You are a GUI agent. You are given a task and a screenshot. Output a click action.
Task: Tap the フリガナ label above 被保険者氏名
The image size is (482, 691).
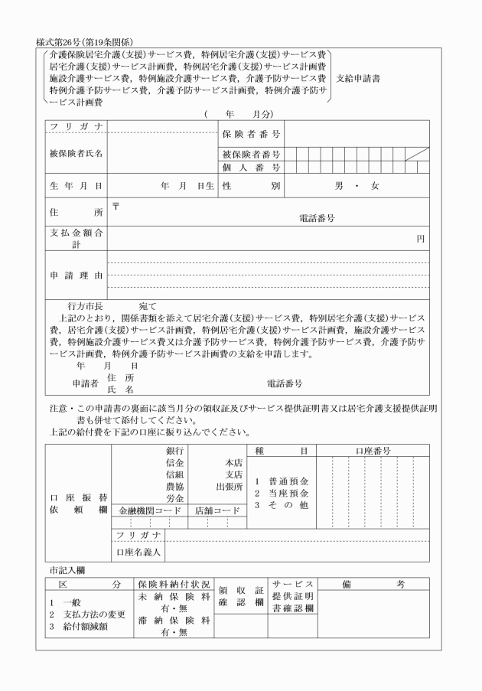tap(76, 126)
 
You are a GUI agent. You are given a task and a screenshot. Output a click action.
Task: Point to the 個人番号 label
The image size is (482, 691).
tap(250, 167)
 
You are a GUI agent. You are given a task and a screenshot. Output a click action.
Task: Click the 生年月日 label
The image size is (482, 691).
tap(76, 185)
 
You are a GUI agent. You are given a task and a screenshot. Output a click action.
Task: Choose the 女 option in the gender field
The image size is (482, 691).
tap(375, 185)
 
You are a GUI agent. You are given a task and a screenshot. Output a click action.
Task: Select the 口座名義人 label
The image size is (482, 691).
tap(138, 551)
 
